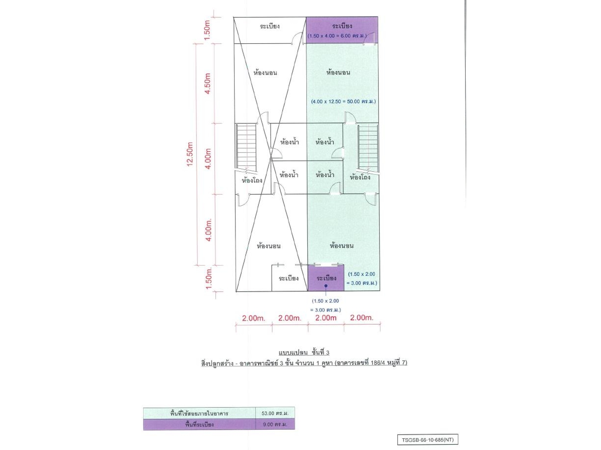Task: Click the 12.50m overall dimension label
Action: pyautogui.click(x=190, y=154)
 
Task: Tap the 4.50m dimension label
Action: pyautogui.click(x=207, y=83)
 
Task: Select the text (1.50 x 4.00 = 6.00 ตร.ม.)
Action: pyautogui.click(x=337, y=36)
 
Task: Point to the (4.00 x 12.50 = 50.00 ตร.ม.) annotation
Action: pyautogui.click(x=343, y=101)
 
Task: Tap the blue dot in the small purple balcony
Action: pyautogui.click(x=326, y=286)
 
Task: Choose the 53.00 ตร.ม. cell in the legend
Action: pyautogui.click(x=275, y=413)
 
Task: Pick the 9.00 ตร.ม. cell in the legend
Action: pyautogui.click(x=275, y=424)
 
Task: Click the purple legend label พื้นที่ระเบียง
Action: pyautogui.click(x=199, y=424)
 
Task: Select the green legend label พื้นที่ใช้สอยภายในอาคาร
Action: pyautogui.click(x=199, y=413)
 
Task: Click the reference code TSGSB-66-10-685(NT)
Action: pyautogui.click(x=427, y=440)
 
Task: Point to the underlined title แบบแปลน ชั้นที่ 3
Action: pyautogui.click(x=304, y=352)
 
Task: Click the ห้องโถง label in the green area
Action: pyautogui.click(x=360, y=177)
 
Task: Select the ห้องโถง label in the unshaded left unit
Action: pyautogui.click(x=252, y=180)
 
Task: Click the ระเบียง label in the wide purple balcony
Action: pyautogui.click(x=342, y=26)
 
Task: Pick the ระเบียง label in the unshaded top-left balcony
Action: pyautogui.click(x=270, y=26)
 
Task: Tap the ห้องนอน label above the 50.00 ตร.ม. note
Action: pyautogui.click(x=338, y=72)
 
